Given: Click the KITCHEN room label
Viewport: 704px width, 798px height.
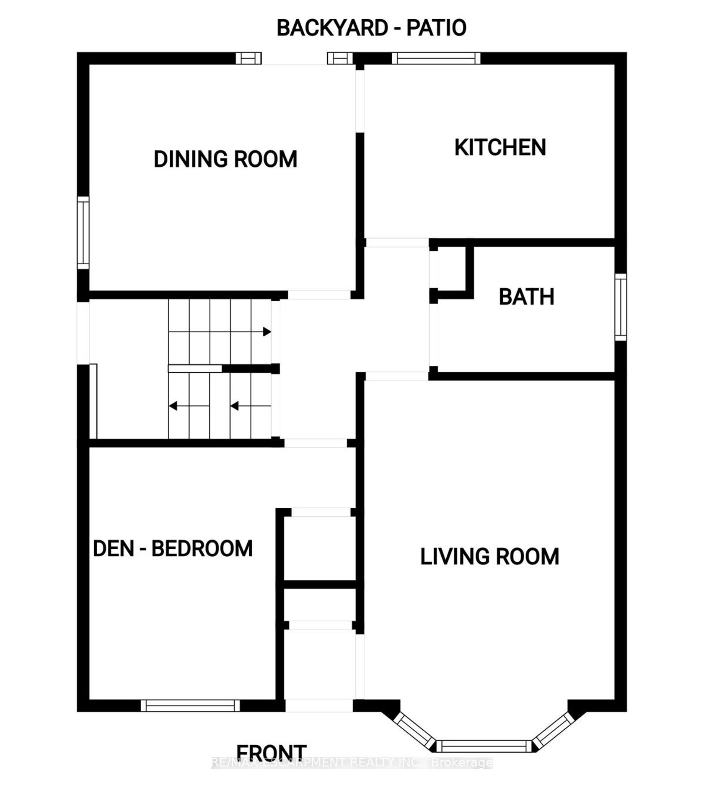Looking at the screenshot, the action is coord(500,147).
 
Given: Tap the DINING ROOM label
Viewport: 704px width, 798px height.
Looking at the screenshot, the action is coord(225,159).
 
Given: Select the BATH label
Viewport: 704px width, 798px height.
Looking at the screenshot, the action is coord(527,297).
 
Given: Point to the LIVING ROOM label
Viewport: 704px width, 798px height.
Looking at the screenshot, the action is coord(490,557).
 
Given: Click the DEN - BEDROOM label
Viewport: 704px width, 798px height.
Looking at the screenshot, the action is coord(173,549).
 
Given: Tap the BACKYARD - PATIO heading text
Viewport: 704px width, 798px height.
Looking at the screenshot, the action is coord(372,28).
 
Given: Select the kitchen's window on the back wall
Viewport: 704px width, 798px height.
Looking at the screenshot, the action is coord(436,58).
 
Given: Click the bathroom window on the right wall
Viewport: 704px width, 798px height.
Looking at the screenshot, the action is coord(621,307).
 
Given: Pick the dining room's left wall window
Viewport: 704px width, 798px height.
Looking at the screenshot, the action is coord(83,233).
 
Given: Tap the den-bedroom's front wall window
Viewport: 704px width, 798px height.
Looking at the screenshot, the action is coord(190,705).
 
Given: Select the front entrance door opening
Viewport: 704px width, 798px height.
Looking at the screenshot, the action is coord(319,705).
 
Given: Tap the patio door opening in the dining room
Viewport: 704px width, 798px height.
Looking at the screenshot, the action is coord(294,58).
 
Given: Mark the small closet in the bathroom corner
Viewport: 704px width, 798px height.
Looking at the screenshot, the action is coord(452,269).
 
